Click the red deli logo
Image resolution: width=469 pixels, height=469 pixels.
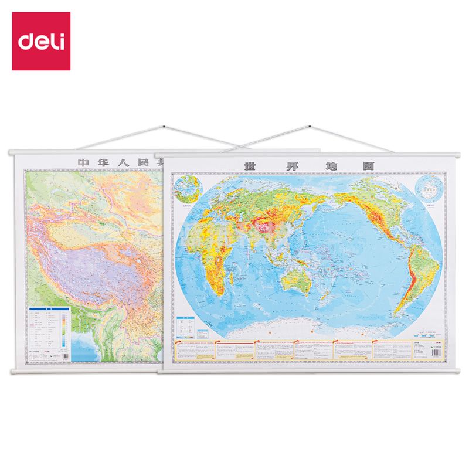pos(41,41)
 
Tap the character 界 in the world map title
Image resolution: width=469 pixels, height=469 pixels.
pos(291,165)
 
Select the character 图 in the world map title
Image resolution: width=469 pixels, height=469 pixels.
pos(368,165)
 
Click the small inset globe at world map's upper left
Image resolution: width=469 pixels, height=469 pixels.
pos(188,189)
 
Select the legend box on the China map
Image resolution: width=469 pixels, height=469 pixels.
pos(49,331)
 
